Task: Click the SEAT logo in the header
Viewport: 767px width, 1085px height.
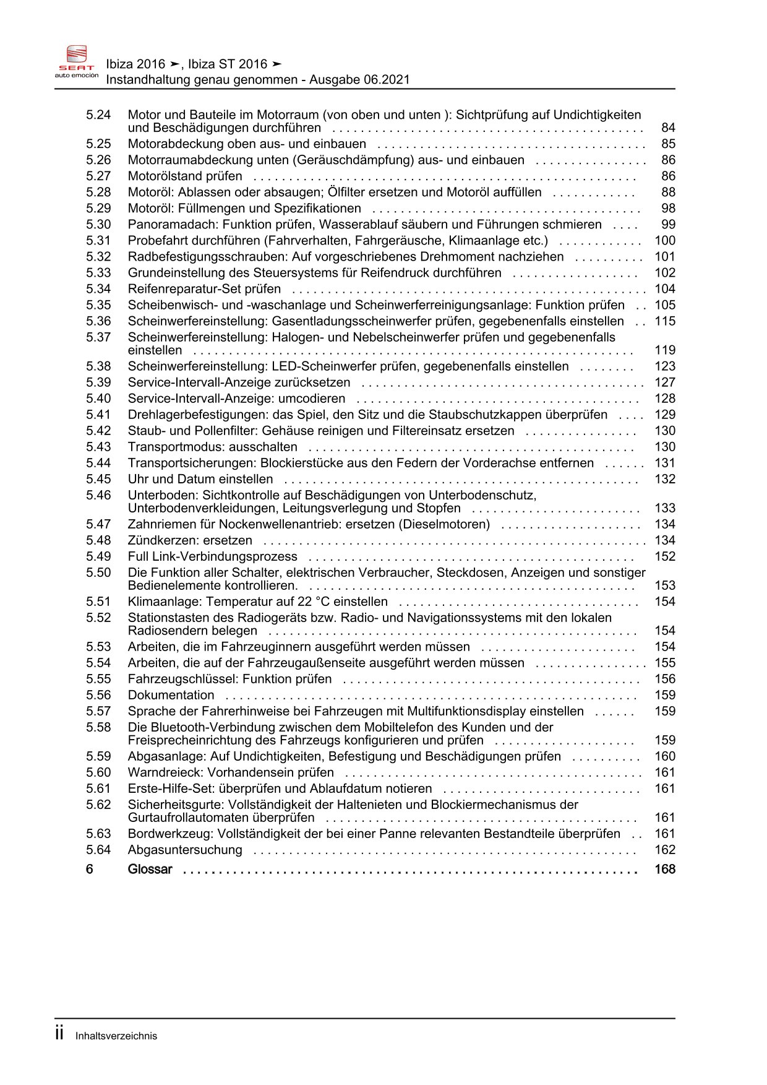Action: point(77,61)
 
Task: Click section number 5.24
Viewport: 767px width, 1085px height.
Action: point(98,115)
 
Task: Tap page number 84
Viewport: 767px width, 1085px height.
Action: point(668,128)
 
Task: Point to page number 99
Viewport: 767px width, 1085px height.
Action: point(668,224)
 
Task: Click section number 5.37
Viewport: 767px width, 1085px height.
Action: point(98,337)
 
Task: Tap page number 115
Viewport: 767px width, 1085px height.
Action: point(665,321)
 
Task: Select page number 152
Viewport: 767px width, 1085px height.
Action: point(665,556)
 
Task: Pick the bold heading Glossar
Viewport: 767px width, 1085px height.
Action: point(150,870)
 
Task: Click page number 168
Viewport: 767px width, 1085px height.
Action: point(665,870)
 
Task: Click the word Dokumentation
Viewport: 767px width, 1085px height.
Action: point(171,695)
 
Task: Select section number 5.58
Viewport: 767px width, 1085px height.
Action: point(98,727)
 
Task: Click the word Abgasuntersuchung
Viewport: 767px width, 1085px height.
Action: point(185,850)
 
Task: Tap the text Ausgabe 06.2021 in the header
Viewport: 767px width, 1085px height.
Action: point(359,80)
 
